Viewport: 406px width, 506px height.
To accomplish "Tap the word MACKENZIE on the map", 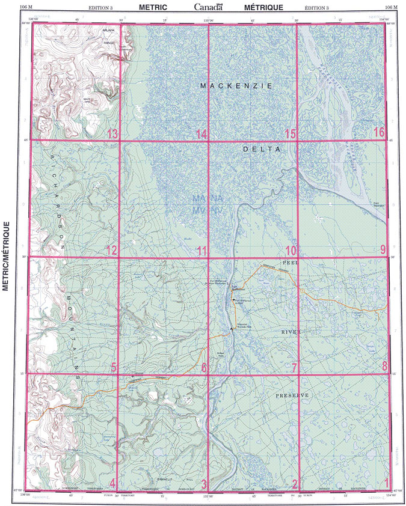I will click(x=236, y=87).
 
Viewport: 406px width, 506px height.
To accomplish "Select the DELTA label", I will click(x=262, y=148).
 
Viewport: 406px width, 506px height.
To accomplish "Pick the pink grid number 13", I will click(x=112, y=133).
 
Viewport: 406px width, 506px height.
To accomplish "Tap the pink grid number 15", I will click(x=291, y=133).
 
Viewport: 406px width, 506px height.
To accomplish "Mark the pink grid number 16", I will click(x=378, y=133).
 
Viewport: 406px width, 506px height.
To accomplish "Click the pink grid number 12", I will click(x=112, y=250).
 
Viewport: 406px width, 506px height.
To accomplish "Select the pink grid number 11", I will click(x=201, y=250).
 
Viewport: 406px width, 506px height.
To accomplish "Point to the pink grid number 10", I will click(x=291, y=250).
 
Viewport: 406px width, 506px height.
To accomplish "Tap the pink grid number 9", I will click(x=383, y=250).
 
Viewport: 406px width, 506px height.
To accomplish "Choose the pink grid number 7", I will click(x=294, y=367).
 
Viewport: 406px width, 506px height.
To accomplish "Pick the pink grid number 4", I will click(x=113, y=484).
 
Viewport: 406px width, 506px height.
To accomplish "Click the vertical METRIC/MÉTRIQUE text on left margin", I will click(x=7, y=256).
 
